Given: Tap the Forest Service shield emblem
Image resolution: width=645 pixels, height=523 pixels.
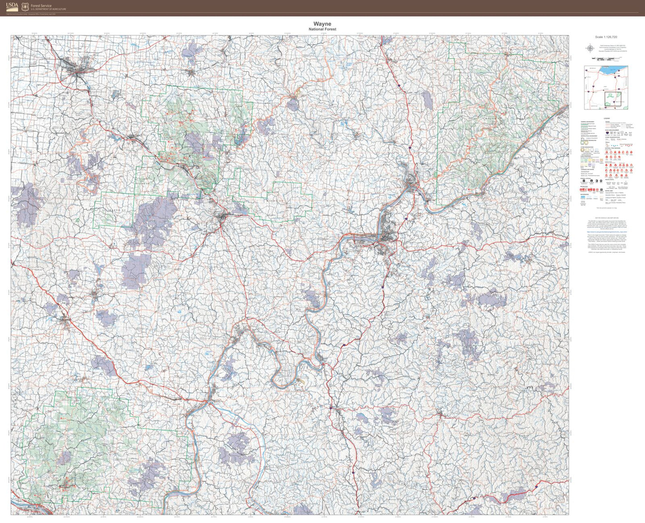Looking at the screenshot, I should (x=25, y=7).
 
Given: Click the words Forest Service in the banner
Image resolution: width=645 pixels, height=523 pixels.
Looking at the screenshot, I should (x=41, y=6).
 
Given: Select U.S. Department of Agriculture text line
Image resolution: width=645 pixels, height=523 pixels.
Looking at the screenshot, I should (x=48, y=9).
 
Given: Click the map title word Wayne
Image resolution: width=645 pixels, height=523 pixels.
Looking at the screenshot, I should (x=322, y=24).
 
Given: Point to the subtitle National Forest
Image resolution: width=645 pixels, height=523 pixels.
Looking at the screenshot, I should (x=322, y=29).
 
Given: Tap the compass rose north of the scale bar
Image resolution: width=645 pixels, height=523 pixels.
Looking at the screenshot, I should (x=590, y=48).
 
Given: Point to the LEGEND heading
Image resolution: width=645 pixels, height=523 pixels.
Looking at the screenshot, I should (x=607, y=118).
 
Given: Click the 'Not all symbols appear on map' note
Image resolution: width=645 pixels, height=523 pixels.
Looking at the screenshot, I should (x=607, y=208).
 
